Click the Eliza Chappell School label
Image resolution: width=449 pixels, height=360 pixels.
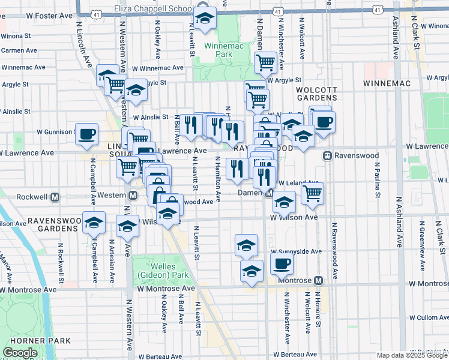[154, 9]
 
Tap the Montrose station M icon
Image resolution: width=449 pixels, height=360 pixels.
[318, 281]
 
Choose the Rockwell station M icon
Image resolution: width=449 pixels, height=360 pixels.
[55, 196]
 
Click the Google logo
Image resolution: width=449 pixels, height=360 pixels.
[20, 353]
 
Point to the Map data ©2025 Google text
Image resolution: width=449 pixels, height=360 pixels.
[412, 355]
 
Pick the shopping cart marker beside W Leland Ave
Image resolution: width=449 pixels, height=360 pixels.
[312, 193]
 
